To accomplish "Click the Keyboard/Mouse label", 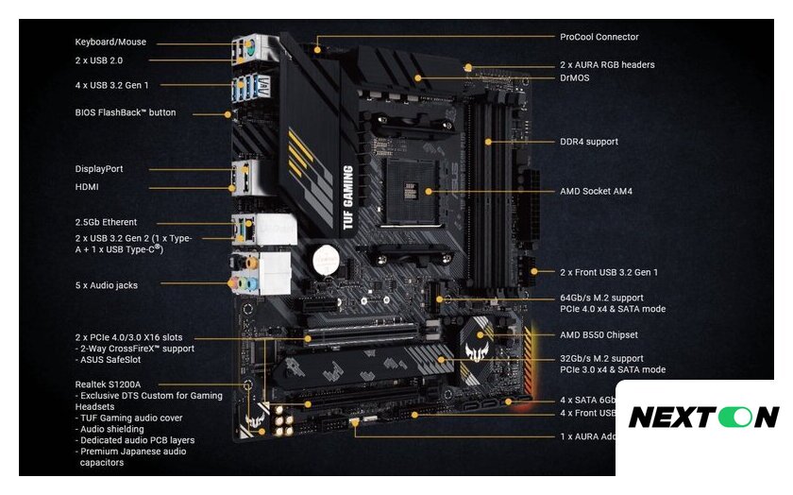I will (110, 43).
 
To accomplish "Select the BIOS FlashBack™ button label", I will (125, 112).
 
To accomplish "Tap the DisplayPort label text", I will (99, 169).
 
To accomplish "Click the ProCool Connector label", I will (599, 37).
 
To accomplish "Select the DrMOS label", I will (574, 77).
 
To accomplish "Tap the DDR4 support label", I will (589, 142).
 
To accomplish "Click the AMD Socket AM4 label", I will (596, 191).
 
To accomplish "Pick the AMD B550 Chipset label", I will (599, 334).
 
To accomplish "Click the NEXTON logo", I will (703, 417).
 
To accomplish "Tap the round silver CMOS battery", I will (327, 257).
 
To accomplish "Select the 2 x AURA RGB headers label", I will (607, 65).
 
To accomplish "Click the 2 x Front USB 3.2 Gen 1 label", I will (609, 272).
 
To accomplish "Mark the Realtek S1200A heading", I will (108, 384).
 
